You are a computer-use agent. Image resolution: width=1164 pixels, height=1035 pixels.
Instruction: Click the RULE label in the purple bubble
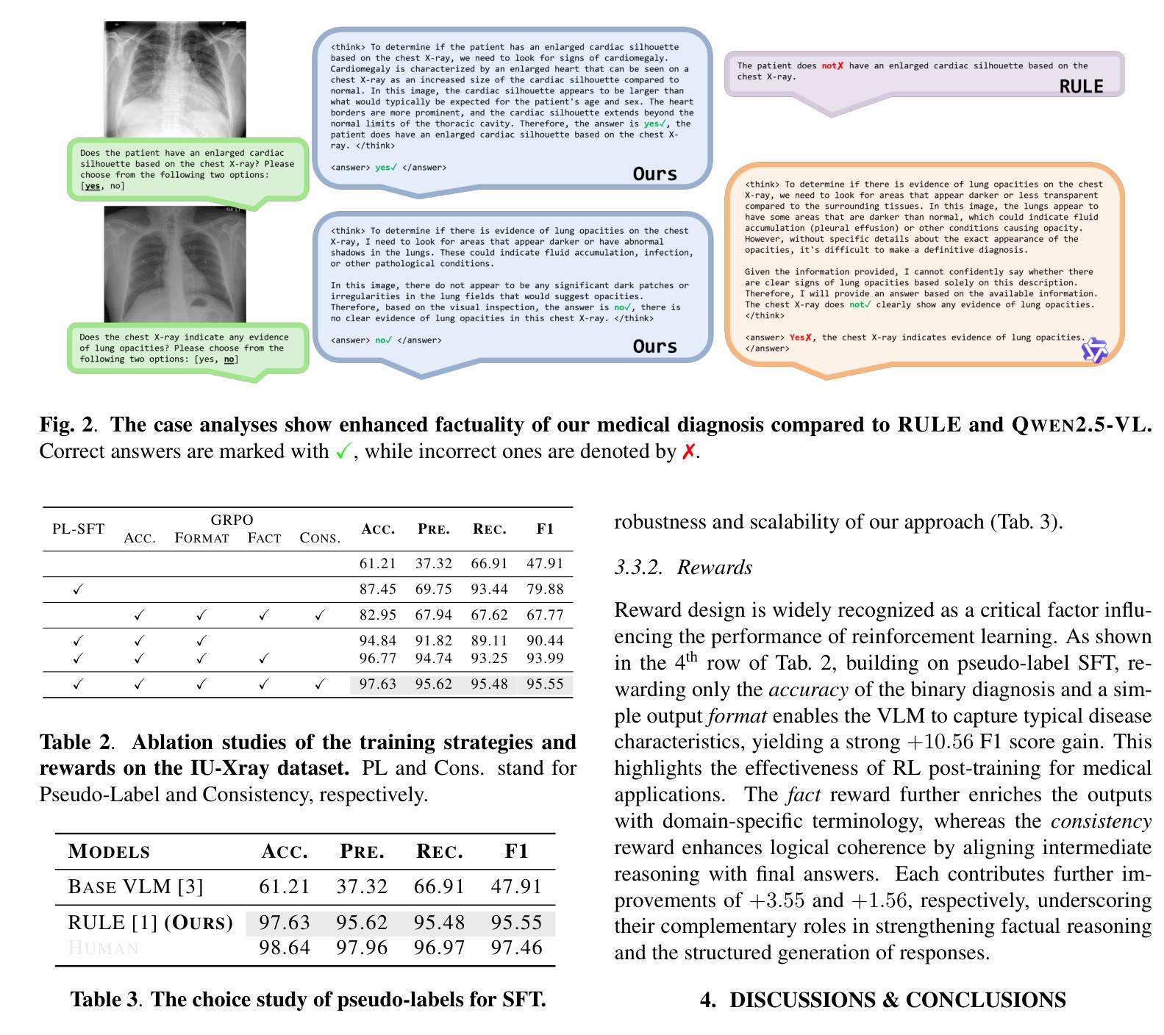point(1080,86)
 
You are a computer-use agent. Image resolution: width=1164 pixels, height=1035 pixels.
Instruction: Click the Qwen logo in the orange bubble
point(1094,351)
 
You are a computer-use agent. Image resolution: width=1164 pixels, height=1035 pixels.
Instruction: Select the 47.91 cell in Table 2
point(544,564)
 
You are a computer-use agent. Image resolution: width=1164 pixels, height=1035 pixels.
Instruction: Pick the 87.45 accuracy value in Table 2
point(377,589)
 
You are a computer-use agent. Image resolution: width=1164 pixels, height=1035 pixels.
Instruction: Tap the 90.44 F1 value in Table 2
point(544,641)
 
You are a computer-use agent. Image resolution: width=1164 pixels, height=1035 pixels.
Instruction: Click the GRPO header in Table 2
point(232,520)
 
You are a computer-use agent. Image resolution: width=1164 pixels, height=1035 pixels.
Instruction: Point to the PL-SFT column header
point(78,529)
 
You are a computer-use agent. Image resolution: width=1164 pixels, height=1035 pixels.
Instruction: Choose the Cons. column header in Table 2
point(320,538)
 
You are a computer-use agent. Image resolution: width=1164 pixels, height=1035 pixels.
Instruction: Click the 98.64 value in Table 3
point(285,948)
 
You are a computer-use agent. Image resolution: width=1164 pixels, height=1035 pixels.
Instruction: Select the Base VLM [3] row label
point(135,887)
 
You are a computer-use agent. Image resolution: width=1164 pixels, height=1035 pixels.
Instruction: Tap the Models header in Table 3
point(109,851)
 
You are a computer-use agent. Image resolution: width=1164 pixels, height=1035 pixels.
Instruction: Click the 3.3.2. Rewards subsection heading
point(683,567)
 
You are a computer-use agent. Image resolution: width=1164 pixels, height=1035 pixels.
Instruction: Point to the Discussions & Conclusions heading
point(882,1000)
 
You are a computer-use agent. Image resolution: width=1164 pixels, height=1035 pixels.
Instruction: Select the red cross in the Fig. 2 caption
point(688,451)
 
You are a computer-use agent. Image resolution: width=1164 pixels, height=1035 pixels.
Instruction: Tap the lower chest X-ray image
point(175,265)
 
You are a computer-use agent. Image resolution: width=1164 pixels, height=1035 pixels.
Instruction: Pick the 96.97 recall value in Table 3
point(439,948)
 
